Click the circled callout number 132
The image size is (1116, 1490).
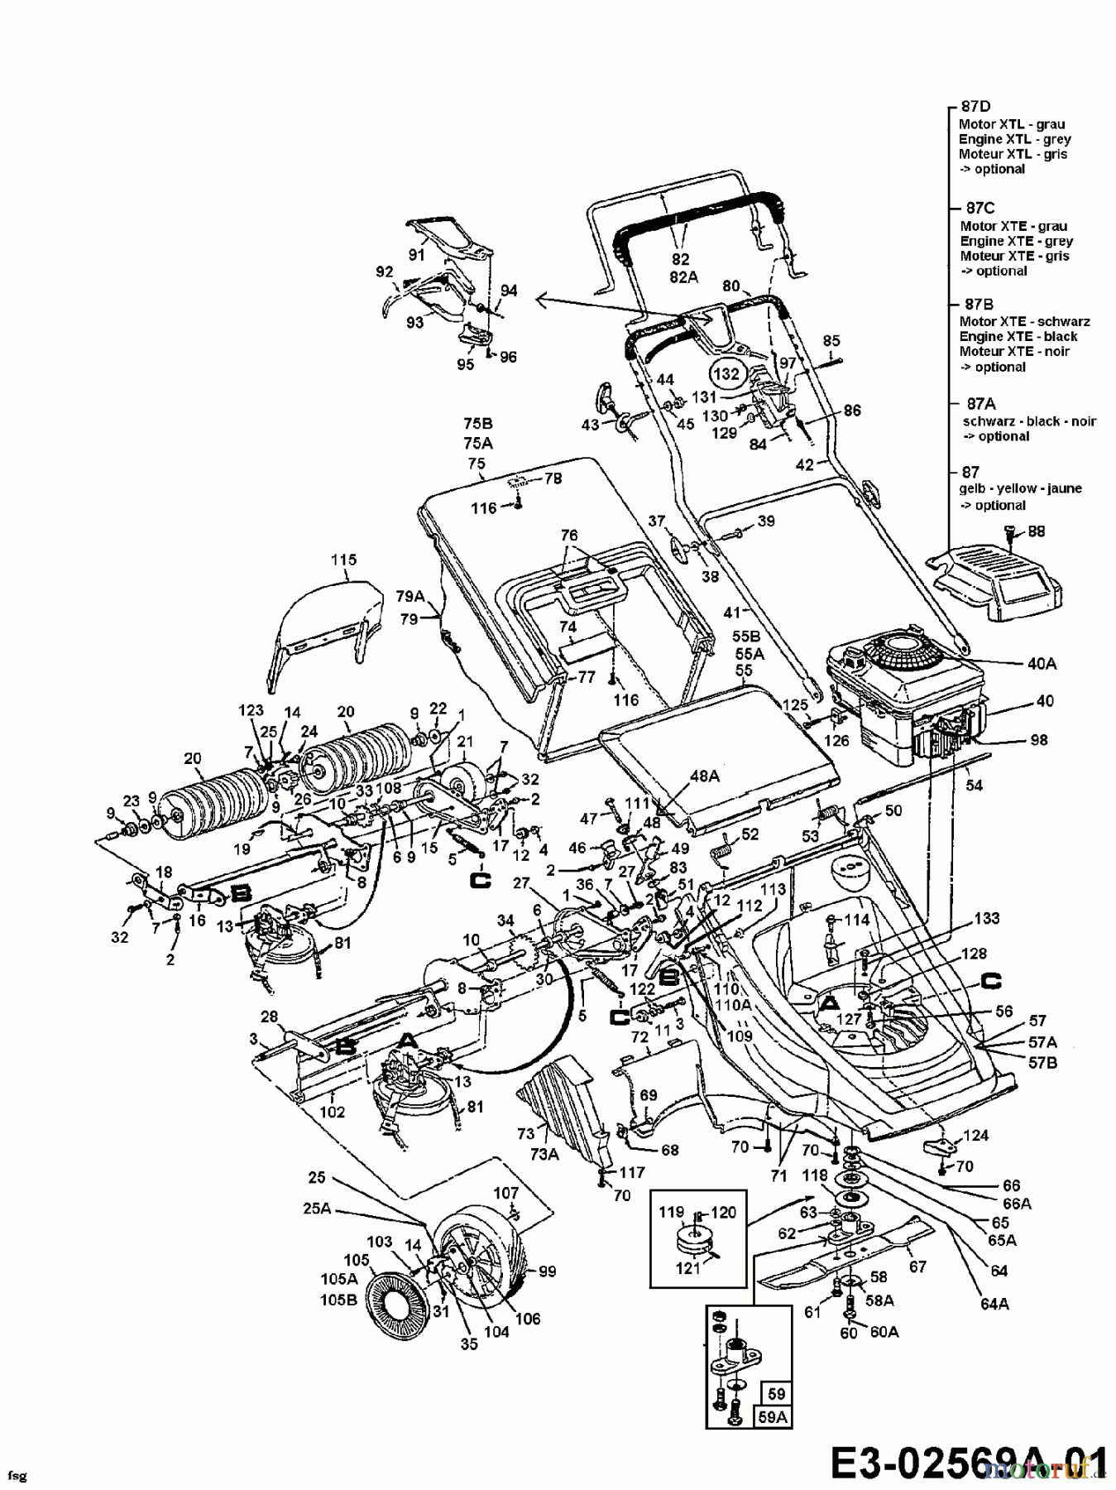pos(726,373)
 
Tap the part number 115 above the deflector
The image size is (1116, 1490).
pos(344,560)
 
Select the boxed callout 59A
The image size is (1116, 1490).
pos(773,1416)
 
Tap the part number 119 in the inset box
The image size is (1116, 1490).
pos(672,1213)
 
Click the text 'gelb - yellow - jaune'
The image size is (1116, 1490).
pos(1020,488)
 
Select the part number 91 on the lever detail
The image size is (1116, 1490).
pos(416,255)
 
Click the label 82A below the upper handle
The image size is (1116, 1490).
pos(684,277)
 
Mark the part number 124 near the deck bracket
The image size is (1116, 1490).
pos(977,1136)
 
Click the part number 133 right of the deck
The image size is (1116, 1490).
pos(986,918)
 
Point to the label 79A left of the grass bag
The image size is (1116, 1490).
pos(410,595)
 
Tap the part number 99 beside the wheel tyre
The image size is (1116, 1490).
pos(547,1271)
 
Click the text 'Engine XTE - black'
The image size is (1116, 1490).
pos(1018,336)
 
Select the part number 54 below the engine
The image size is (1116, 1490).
pos(975,785)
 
